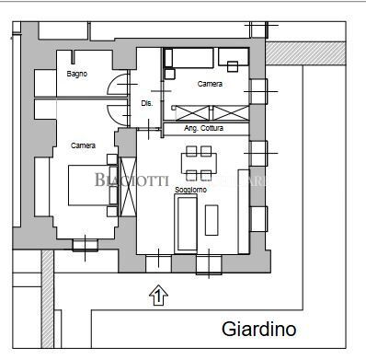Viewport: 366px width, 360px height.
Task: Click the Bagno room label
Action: [x=77, y=75]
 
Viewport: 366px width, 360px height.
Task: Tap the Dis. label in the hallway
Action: [x=147, y=104]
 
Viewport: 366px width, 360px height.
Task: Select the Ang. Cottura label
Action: [x=203, y=128]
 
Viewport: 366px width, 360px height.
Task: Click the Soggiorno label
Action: [x=190, y=190]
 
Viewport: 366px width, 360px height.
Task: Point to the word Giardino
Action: [x=258, y=329]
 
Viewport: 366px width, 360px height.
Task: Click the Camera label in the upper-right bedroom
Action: [x=210, y=84]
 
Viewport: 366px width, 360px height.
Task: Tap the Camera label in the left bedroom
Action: [x=84, y=145]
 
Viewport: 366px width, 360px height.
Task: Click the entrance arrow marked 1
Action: [x=158, y=296]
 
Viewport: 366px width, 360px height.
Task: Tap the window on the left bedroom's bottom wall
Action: [x=85, y=244]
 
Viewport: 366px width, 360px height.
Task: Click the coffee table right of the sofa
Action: [x=212, y=220]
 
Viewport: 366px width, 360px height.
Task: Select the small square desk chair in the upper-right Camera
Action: [x=232, y=66]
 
